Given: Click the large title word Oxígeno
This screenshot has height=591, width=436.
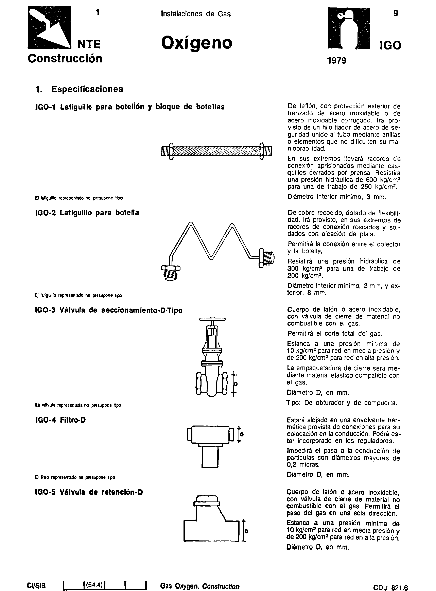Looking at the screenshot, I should (197, 43).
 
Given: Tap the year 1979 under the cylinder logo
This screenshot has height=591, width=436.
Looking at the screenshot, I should (336, 61).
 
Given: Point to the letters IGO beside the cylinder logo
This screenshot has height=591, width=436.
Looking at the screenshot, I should (390, 46).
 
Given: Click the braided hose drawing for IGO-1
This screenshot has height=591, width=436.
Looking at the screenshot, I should (216, 151).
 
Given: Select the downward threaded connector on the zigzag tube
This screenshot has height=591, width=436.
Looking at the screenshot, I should (171, 274).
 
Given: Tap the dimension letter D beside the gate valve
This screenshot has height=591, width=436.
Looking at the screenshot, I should (236, 384).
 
